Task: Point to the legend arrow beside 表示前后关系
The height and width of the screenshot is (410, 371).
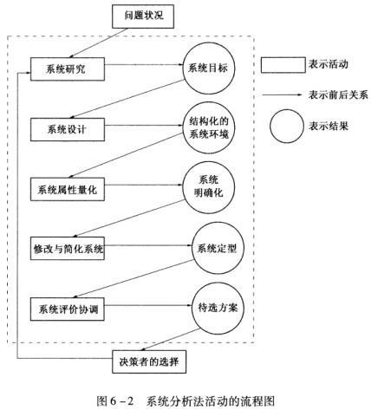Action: [282, 94]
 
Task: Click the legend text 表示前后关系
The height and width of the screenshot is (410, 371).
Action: [338, 94]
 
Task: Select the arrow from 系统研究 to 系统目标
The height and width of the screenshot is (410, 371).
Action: [144, 64]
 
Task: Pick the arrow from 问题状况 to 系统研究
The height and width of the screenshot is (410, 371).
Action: [98, 42]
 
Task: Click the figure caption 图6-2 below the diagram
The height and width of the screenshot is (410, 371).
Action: [115, 401]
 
